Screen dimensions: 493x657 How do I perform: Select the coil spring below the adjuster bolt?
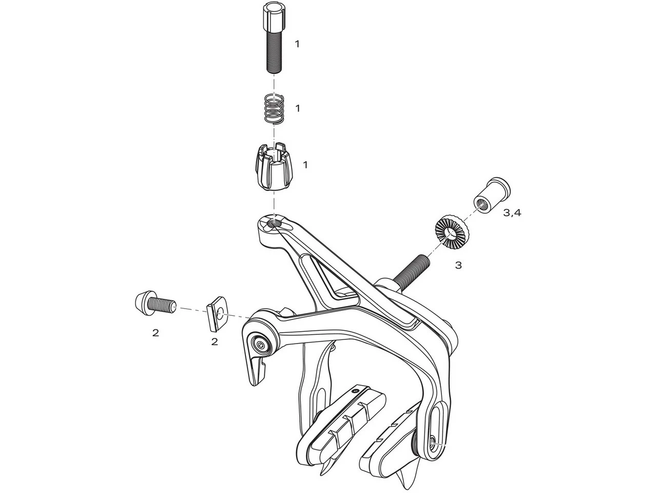point(274,108)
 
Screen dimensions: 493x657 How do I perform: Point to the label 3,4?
point(512,213)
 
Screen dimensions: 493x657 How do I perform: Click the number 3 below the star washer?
point(458,265)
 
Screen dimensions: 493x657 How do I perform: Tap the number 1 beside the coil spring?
point(297,108)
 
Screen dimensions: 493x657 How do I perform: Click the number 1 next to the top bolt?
point(297,44)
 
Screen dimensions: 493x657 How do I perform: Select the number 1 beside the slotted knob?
point(305,165)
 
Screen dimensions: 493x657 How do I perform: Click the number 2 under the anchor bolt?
point(156,332)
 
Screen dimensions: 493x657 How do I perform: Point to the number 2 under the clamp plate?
point(215,341)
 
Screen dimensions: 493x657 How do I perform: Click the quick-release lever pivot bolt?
point(261,345)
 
